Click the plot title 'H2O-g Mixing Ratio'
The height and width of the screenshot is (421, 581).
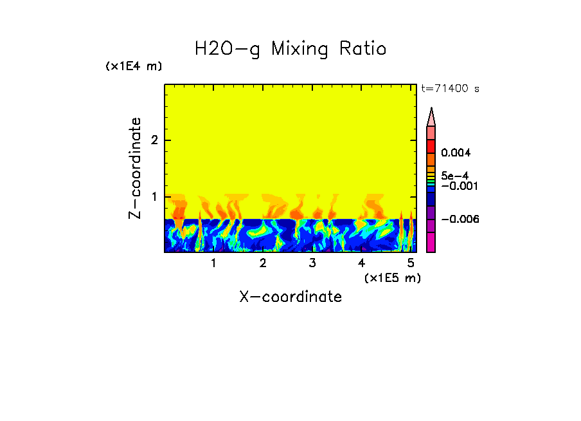(290, 49)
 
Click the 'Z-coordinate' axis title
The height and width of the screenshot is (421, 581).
(135, 168)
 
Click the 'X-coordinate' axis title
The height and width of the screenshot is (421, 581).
(290, 297)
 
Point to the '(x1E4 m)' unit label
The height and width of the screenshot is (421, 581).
(134, 66)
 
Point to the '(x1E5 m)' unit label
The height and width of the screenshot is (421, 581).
(392, 277)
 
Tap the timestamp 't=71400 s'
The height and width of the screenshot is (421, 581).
(450, 89)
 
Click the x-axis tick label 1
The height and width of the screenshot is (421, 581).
(213, 263)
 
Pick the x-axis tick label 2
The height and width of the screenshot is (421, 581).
(263, 263)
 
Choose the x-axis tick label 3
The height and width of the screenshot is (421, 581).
(312, 263)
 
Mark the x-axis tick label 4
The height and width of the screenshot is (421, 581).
(361, 263)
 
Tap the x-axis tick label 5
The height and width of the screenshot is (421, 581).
(411, 263)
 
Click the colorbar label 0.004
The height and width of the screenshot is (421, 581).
(456, 153)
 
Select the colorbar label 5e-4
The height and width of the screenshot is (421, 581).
(454, 175)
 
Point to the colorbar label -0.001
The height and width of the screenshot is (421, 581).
(458, 185)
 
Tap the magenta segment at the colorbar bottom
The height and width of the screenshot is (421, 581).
(431, 242)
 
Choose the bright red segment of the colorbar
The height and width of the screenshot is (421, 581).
(431, 145)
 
